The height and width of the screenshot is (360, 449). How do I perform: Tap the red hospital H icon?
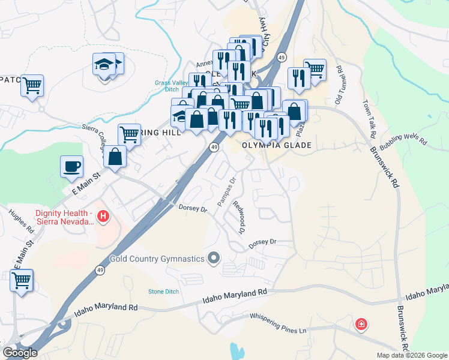[x=103, y=216]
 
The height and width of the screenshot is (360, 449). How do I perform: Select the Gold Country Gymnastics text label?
[x=157, y=259]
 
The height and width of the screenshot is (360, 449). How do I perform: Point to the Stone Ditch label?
[x=163, y=292]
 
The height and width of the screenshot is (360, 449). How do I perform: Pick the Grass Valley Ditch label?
[x=171, y=86]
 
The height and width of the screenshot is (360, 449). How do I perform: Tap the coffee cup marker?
[x=72, y=166]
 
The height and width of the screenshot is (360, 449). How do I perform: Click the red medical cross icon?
[x=361, y=325]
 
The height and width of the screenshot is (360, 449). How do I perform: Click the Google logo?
[x=20, y=353]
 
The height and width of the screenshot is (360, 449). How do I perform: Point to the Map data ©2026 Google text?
[x=411, y=355]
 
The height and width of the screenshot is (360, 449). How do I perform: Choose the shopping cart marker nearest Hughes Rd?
[x=22, y=280]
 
